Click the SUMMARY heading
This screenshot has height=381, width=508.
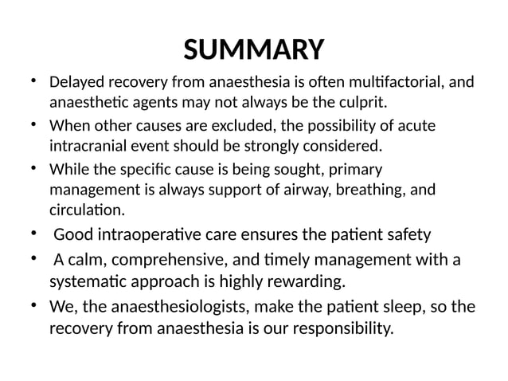(x=253, y=49)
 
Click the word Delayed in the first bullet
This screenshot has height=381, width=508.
(x=74, y=83)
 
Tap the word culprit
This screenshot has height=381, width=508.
(x=361, y=103)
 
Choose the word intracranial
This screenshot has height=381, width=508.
(x=89, y=147)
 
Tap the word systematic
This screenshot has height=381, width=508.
(x=90, y=281)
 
